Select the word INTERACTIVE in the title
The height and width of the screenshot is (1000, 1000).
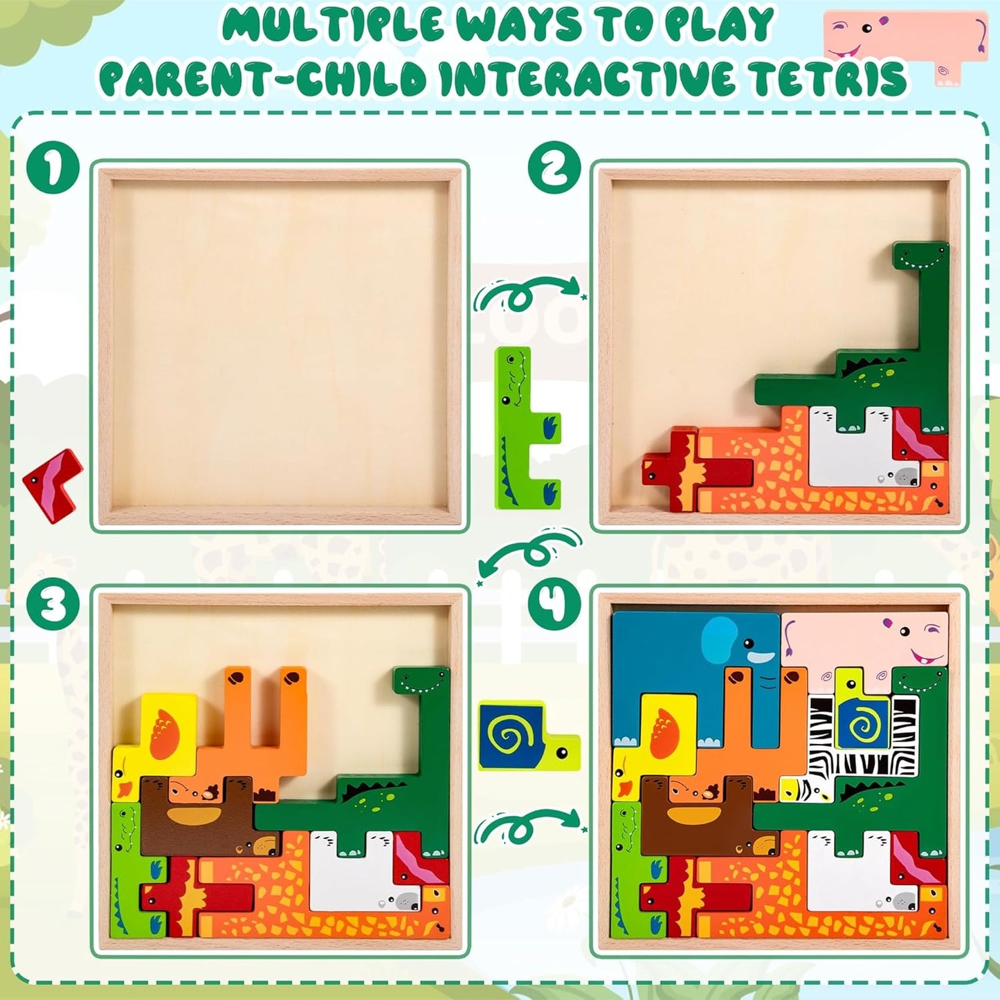(x=592, y=78)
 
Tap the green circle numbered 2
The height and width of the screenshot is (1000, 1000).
(x=554, y=167)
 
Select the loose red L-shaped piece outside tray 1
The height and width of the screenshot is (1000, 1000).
(x=54, y=483)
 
